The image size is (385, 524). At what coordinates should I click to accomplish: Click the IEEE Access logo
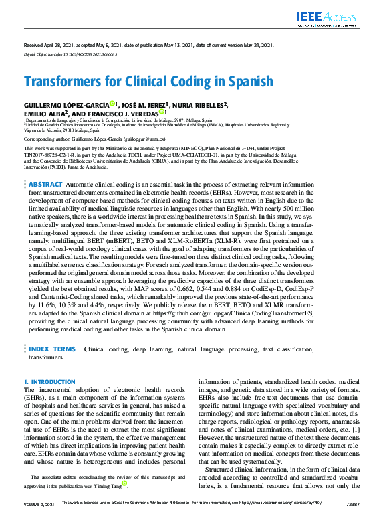click(336, 14)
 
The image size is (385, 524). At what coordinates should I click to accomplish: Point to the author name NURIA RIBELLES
click(201, 105)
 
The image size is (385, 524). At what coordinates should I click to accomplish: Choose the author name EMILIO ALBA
click(44, 113)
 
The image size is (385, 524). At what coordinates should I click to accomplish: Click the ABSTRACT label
click(45, 183)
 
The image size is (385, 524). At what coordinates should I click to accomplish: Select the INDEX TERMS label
click(52, 349)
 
